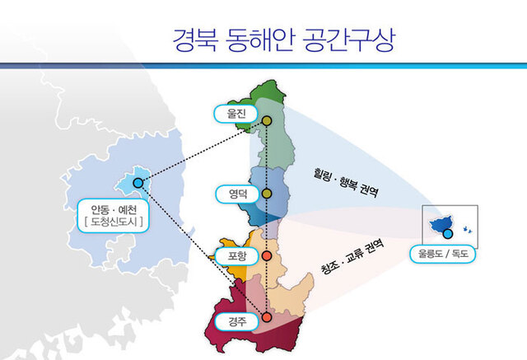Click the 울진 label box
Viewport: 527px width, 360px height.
[236, 114]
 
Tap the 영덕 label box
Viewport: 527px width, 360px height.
[238, 194]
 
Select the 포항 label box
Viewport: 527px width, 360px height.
[236, 256]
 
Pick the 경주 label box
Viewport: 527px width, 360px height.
[236, 321]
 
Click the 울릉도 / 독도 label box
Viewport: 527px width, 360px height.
[443, 254]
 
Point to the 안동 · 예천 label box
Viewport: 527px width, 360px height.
[114, 216]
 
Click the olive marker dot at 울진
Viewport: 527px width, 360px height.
[267, 121]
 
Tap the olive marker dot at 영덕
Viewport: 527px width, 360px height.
[267, 194]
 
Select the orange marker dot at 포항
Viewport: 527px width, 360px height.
[267, 256]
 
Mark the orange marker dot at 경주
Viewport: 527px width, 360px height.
[267, 317]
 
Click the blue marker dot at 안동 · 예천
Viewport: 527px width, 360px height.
[138, 183]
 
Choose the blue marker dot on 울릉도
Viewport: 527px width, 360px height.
[448, 234]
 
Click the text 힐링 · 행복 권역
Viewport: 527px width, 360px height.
[346, 182]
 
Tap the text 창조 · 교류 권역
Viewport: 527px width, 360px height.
[352, 256]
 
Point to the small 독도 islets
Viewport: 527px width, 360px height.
[468, 230]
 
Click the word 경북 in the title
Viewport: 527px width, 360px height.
[195, 40]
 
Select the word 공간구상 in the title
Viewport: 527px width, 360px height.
[348, 40]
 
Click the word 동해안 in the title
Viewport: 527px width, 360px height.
[260, 40]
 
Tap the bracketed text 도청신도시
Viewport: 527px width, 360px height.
[114, 222]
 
